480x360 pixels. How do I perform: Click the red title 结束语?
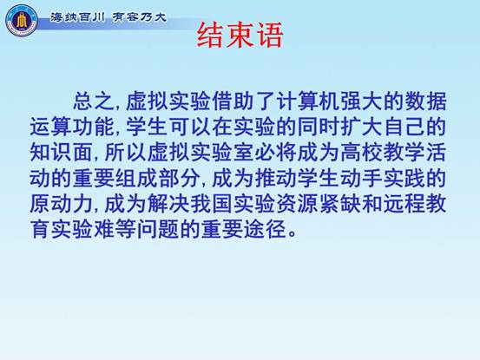240,36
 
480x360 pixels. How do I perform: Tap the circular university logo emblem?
22,21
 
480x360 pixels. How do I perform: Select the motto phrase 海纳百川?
77,17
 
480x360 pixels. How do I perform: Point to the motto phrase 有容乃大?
140,17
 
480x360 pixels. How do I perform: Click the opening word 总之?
94,101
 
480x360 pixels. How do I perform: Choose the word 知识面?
62,152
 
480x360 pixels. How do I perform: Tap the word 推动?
275,178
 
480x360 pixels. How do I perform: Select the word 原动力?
62,203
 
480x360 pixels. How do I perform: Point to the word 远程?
404,203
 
